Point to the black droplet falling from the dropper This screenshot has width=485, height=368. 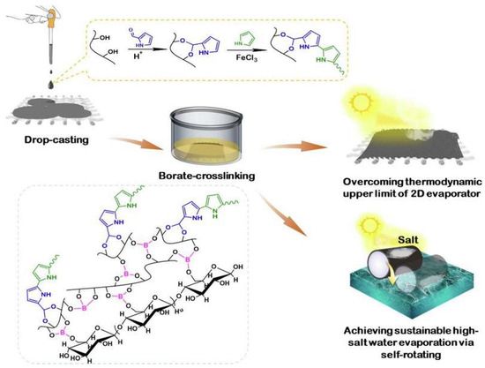34,77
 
